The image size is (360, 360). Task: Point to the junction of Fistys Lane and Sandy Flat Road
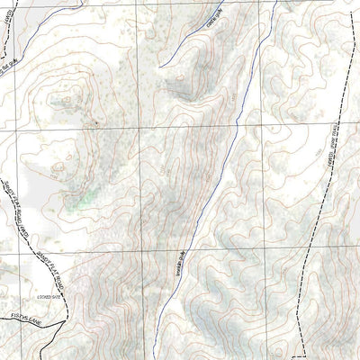point(40,310)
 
